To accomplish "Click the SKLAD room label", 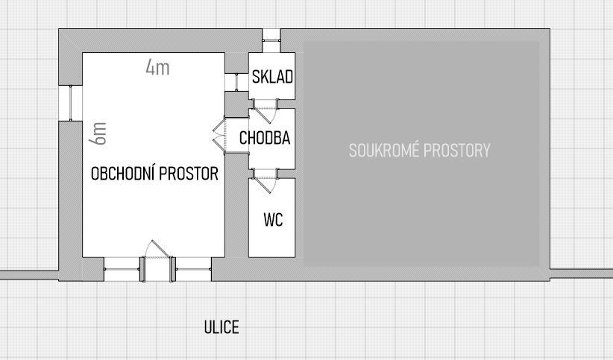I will [x=272, y=78].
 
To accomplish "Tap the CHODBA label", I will [x=265, y=138].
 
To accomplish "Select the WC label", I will [x=273, y=220].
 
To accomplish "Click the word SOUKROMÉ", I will [x=384, y=151].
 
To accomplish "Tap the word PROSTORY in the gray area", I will [x=456, y=151].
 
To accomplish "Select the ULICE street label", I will [x=221, y=327].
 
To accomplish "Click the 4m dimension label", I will [x=157, y=69].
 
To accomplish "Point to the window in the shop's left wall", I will [x=70, y=102].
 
